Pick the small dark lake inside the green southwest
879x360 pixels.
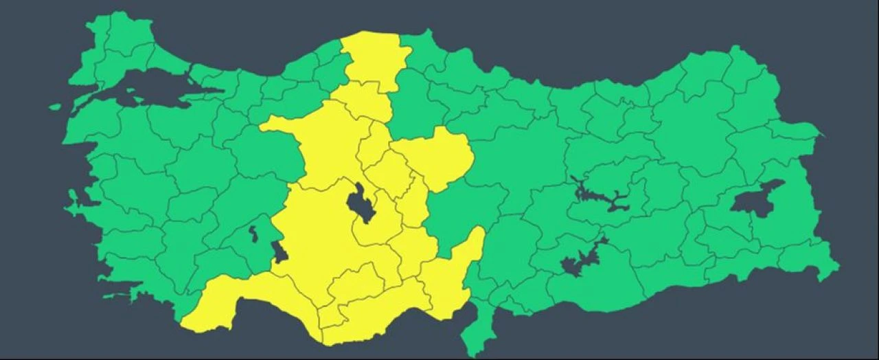pyautogui.click(x=253, y=234)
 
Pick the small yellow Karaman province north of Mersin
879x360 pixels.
pyautogui.click(x=357, y=282)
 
